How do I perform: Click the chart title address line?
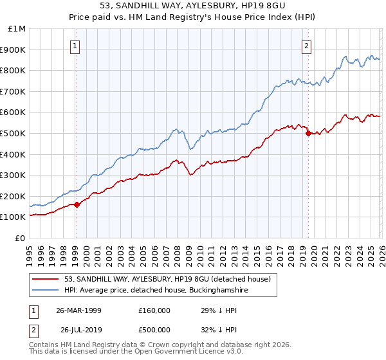click(193, 5)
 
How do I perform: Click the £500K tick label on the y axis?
click(14, 133)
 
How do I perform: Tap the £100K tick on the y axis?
click(14, 217)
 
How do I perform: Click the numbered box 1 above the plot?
click(76, 46)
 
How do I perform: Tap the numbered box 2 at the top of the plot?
click(307, 46)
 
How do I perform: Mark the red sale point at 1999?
click(77, 204)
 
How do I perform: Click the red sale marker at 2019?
click(308, 134)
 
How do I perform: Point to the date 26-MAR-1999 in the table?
click(78, 310)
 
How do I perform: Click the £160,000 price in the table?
click(154, 310)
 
